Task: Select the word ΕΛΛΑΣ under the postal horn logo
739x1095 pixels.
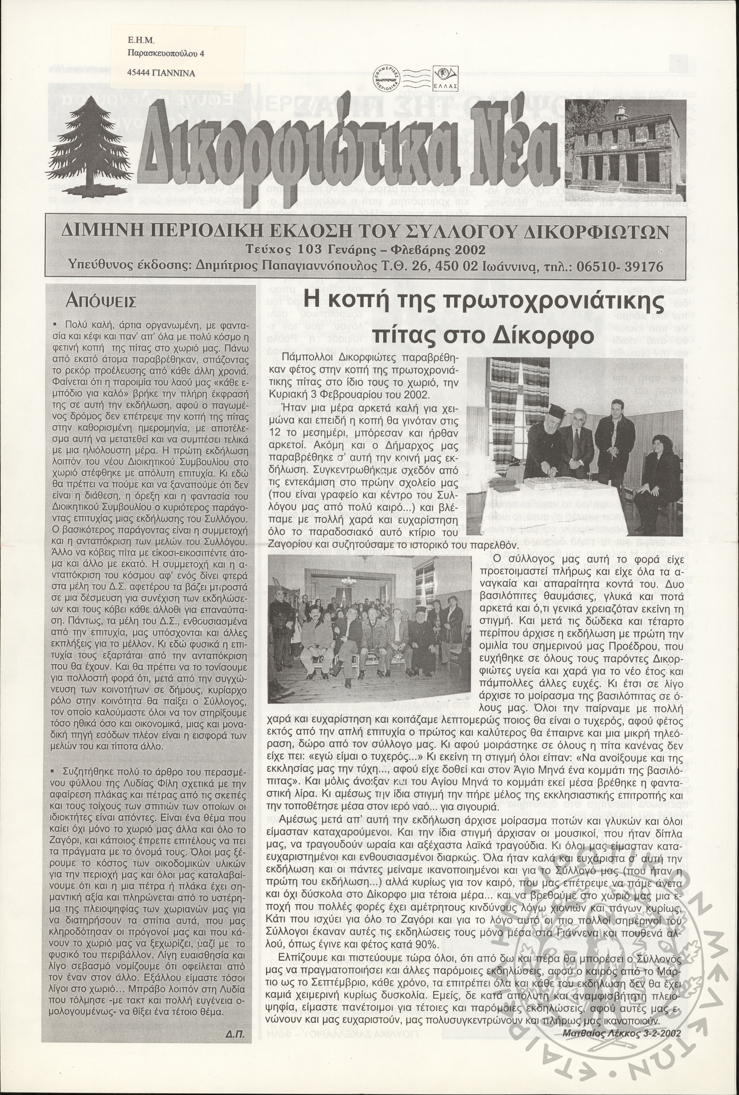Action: [x=442, y=87]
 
